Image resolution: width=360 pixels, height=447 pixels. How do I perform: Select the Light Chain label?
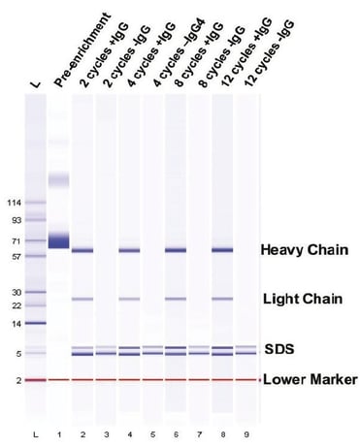pyautogui.click(x=302, y=299)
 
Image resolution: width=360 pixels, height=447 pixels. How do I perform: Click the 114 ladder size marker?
pyautogui.click(x=14, y=203)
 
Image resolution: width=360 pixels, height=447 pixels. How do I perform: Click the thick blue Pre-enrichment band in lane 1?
pyautogui.click(x=60, y=239)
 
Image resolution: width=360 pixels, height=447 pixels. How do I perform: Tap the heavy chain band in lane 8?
pyautogui.click(x=222, y=250)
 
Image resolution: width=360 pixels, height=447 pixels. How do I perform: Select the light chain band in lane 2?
pyautogui.click(x=82, y=299)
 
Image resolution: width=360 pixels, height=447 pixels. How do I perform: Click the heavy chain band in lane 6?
pyautogui.click(x=176, y=250)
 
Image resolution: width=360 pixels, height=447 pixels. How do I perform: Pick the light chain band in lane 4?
pyautogui.click(x=129, y=299)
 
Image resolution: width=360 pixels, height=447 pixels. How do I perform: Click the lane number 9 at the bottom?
pyautogui.click(x=245, y=426)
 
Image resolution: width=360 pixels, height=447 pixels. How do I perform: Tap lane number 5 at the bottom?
pyautogui.click(x=152, y=426)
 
